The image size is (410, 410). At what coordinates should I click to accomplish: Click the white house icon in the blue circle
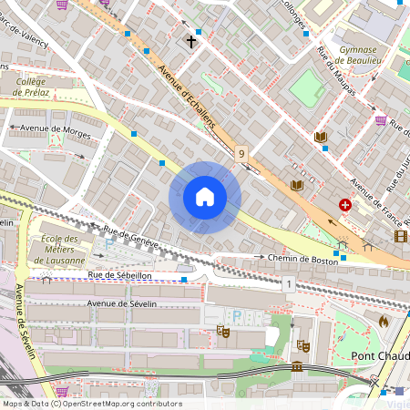pyautogui.click(x=205, y=197)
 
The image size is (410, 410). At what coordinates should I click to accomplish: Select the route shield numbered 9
pyautogui.click(x=241, y=154)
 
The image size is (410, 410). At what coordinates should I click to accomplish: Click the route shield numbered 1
pyautogui.click(x=288, y=285)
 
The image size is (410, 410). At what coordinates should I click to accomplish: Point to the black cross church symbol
pyautogui.click(x=191, y=41)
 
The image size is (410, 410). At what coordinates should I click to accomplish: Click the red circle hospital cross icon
pyautogui.click(x=345, y=206)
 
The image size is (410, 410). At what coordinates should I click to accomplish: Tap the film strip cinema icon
pyautogui.click(x=401, y=236)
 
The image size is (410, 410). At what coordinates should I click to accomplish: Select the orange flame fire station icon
pyautogui.click(x=383, y=321)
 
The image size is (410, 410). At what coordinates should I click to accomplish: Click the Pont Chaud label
pyautogui.click(x=379, y=355)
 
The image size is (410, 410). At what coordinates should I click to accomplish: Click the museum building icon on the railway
pyautogui.click(x=297, y=366)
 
